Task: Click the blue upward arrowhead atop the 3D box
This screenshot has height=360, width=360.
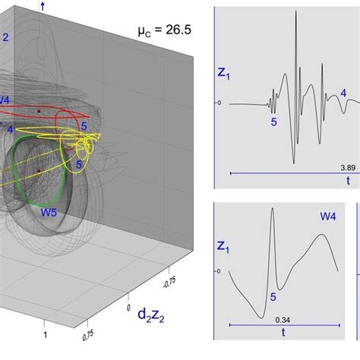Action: (x=43, y=5)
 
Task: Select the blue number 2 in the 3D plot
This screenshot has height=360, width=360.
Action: (x=5, y=36)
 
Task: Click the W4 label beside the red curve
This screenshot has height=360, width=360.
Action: (x=5, y=100)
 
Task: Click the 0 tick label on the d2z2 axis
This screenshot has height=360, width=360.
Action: (x=131, y=296)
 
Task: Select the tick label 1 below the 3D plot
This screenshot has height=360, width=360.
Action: (x=46, y=335)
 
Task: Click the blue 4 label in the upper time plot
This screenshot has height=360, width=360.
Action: (x=343, y=92)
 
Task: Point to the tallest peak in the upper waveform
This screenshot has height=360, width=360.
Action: (x=295, y=14)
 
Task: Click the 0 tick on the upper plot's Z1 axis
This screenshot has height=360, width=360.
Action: (x=219, y=103)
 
